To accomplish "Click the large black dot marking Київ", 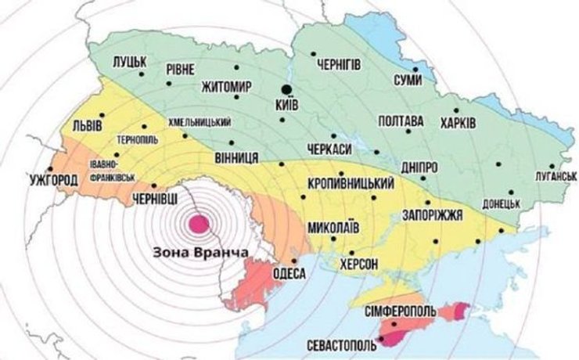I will coord(287,88).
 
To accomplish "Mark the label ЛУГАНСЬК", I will coord(548,178).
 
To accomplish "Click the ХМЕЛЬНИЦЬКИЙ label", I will coord(200,123).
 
